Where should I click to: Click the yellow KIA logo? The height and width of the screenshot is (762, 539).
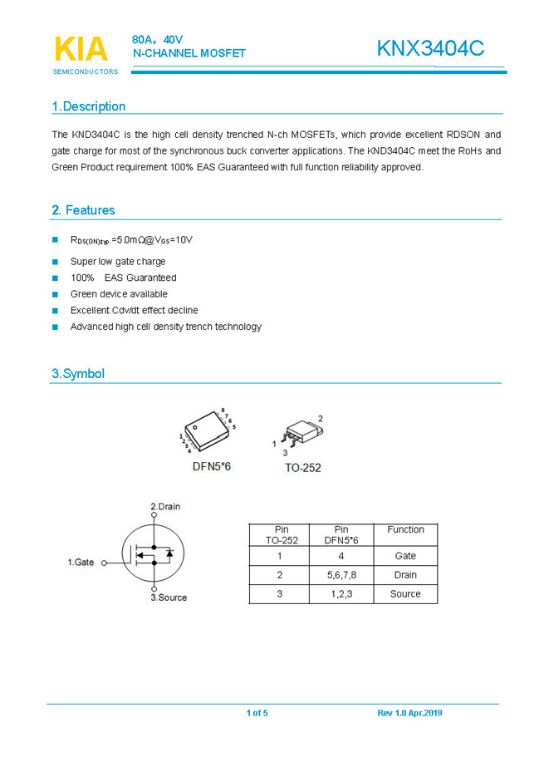click(x=81, y=49)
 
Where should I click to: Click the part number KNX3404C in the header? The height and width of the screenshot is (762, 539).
click(x=429, y=49)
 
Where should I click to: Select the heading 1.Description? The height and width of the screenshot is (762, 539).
click(x=89, y=106)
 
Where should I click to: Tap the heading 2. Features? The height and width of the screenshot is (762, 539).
click(x=83, y=210)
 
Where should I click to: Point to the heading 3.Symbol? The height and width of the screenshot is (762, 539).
click(x=78, y=374)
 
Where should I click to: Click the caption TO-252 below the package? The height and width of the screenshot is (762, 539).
click(x=302, y=468)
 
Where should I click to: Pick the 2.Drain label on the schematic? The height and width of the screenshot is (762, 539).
click(x=164, y=507)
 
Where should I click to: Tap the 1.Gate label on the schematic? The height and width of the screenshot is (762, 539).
click(x=81, y=563)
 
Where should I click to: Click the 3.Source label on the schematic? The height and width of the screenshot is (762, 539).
click(x=169, y=597)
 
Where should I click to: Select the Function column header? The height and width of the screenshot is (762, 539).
click(x=405, y=530)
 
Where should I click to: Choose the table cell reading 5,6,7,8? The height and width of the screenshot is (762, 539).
click(x=341, y=575)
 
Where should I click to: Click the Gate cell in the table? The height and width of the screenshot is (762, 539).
click(x=405, y=556)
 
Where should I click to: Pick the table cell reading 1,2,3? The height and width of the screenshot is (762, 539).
click(x=341, y=594)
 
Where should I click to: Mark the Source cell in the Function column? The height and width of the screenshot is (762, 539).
click(x=405, y=594)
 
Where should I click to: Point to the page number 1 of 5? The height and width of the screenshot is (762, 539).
click(x=257, y=713)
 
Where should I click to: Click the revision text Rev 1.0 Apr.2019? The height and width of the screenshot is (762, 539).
click(x=409, y=713)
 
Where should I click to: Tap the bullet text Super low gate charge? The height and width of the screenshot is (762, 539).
click(x=118, y=262)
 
